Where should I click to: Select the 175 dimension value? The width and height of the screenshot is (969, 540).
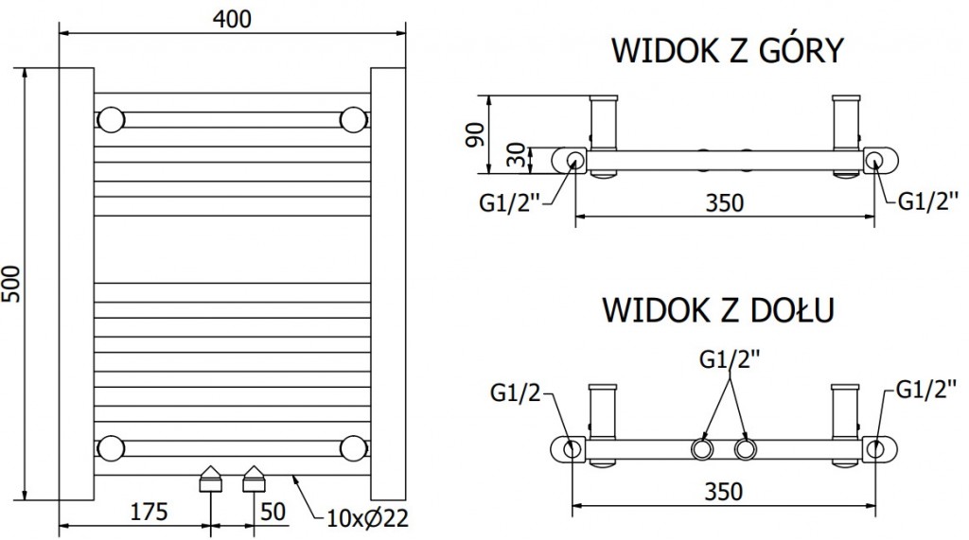pos(149,512)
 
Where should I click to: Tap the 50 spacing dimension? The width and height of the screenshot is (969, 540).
pos(273,512)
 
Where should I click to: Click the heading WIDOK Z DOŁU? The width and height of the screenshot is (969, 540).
pos(717,309)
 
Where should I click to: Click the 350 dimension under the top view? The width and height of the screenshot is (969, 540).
pos(723,202)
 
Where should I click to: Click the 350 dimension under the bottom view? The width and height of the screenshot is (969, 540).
pos(723,491)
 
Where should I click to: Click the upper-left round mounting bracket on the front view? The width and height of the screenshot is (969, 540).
pos(111,120)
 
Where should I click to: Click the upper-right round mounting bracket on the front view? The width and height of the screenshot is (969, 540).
pos(354,120)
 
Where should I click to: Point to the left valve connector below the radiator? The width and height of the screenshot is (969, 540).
pos(209,479)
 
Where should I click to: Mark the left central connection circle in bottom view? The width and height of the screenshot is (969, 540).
pos(701,448)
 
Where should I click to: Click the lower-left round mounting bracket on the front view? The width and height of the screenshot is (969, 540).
pos(111,447)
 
